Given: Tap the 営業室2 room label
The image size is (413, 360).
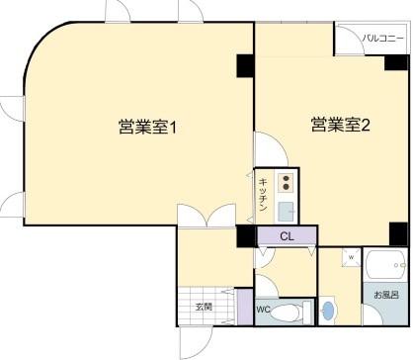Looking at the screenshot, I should coord(340,125).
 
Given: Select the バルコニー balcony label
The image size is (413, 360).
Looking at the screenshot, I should coord(380,39).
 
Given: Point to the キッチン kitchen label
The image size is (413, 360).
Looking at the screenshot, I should coord(264,193).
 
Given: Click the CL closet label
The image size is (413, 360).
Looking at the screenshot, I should coord(287,236).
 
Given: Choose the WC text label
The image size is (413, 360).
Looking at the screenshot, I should coord(263,310).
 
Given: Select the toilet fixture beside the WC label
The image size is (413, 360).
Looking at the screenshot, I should coord(289,313).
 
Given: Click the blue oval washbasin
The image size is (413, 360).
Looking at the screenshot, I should coord(330,311).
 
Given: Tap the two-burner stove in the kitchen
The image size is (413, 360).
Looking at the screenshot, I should coord(286,182).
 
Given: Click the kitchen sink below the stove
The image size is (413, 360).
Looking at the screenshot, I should coord(286,210).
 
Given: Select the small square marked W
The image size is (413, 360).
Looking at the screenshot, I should coord(351,258).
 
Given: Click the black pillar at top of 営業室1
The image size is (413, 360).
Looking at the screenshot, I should coord(245,64).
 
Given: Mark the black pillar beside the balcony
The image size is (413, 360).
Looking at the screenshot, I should coord(397,64).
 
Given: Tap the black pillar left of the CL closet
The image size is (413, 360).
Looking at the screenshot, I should coord(245,235).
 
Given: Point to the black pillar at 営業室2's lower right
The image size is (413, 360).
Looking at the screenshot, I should coord(397,233).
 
